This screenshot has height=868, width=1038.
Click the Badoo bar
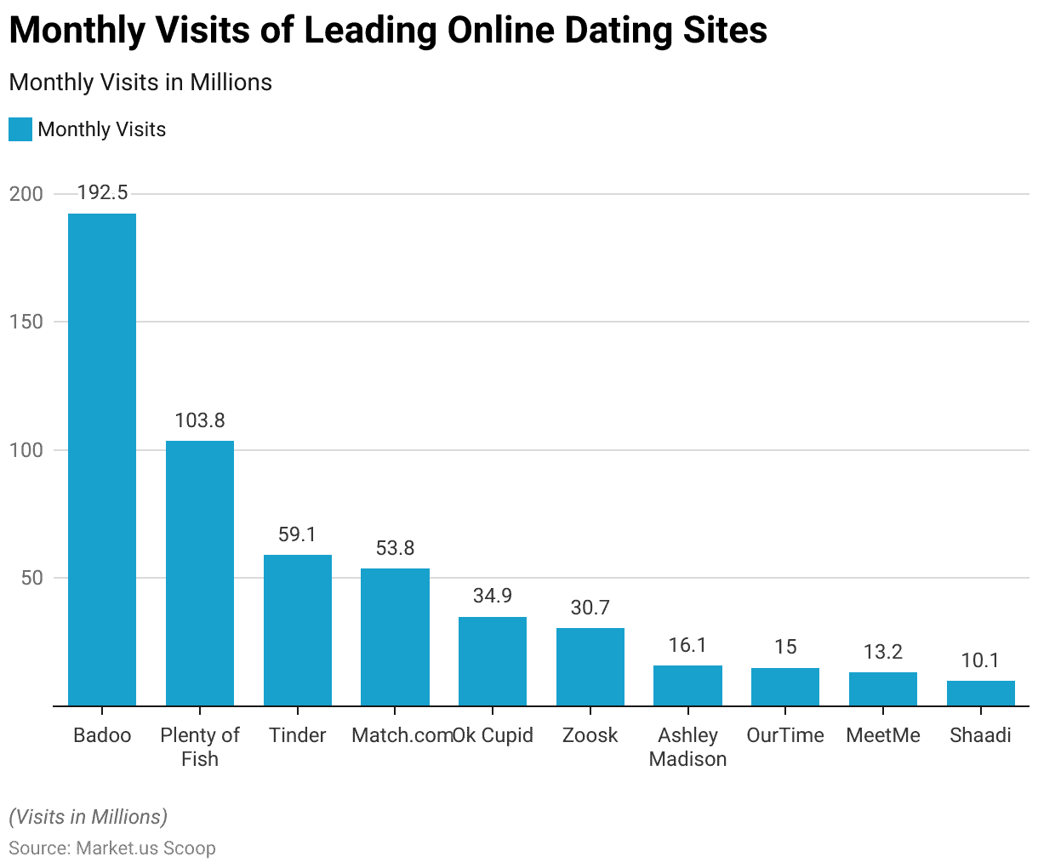(x=102, y=460)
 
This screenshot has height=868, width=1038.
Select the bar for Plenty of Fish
(x=200, y=573)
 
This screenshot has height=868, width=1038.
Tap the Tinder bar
(x=298, y=630)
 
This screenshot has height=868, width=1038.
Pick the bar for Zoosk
(x=590, y=666)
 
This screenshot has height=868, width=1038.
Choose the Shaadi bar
(x=981, y=693)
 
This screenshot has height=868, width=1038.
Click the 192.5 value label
(x=102, y=193)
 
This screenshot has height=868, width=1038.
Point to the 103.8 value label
(x=200, y=420)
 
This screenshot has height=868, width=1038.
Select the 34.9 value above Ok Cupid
(x=493, y=596)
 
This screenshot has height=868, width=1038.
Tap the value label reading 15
(x=785, y=647)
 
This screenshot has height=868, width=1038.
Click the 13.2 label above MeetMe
(x=883, y=652)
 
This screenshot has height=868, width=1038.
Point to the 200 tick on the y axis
(x=26, y=194)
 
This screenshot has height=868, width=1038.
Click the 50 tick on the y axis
(x=31, y=579)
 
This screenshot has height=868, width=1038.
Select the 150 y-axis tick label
(x=26, y=323)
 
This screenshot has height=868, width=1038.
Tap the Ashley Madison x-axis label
(x=687, y=747)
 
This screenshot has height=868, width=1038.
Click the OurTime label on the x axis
(x=785, y=735)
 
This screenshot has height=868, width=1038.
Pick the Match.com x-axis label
(x=400, y=735)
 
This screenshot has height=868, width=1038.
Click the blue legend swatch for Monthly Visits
(x=20, y=129)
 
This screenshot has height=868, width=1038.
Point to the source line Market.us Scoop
(x=112, y=848)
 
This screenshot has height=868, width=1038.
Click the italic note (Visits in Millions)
(x=88, y=817)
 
